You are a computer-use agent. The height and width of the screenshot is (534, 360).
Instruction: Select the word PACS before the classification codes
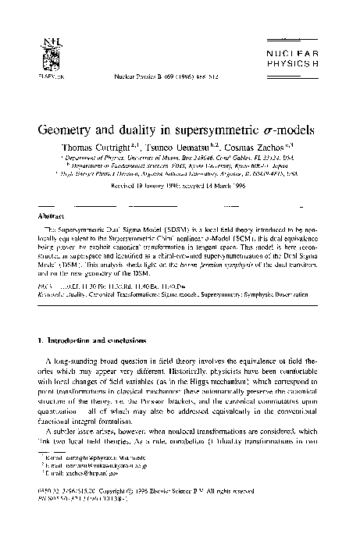pos(45,266)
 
